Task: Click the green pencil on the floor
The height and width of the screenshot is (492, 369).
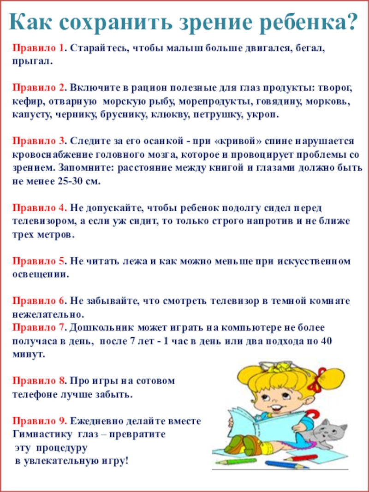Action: coord(235,460)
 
